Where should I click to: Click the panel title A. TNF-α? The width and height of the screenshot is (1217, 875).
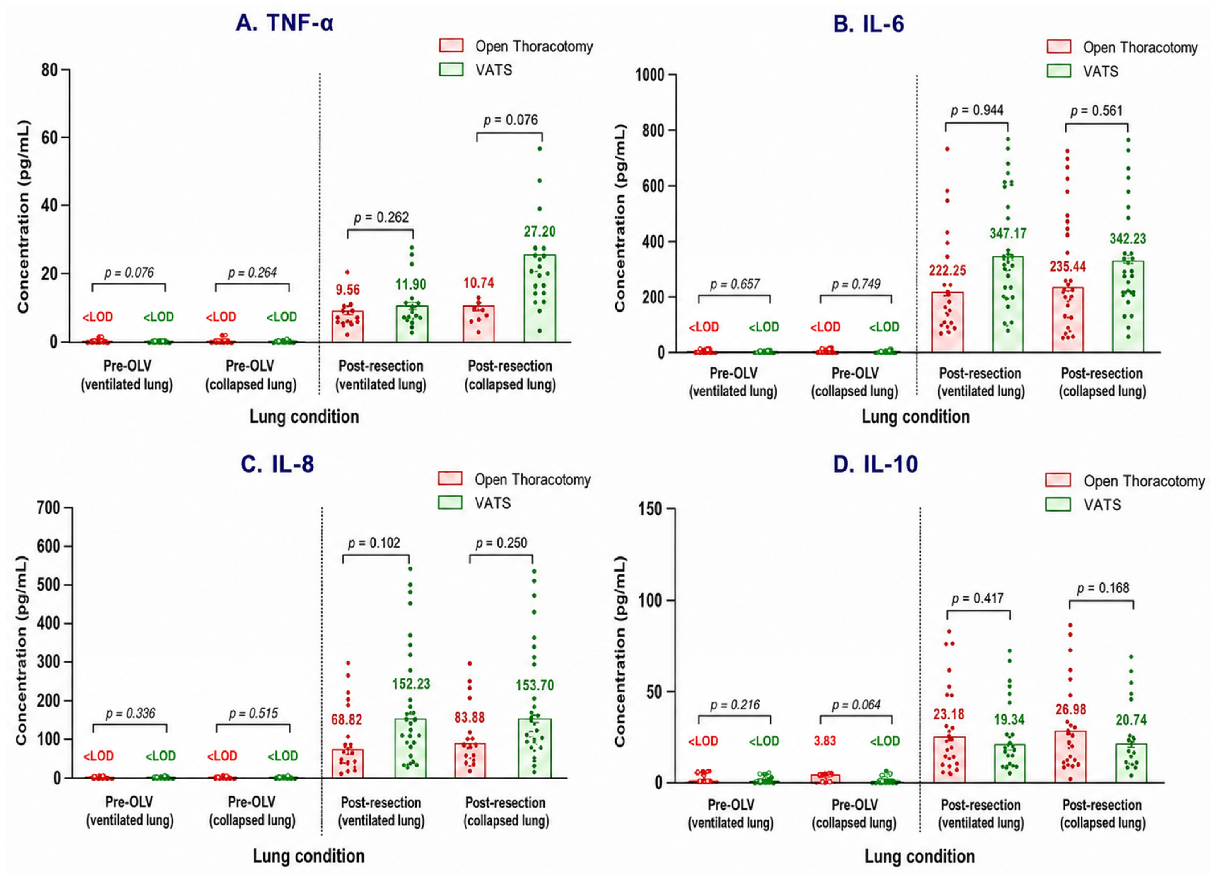[284, 24]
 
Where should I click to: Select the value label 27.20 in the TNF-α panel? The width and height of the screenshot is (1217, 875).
[540, 232]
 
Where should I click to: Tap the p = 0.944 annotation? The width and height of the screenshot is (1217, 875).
[977, 110]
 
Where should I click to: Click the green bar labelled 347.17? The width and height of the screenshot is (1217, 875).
[1008, 304]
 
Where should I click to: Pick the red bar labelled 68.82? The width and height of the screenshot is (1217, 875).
[347, 763]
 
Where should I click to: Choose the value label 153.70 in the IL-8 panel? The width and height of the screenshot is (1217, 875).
[534, 685]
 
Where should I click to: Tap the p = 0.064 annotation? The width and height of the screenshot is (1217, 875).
[856, 705]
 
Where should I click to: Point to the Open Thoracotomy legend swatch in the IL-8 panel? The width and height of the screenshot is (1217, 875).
[450, 479]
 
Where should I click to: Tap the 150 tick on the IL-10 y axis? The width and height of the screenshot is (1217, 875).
[650, 509]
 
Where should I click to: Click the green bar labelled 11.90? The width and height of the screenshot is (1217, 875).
[412, 324]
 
